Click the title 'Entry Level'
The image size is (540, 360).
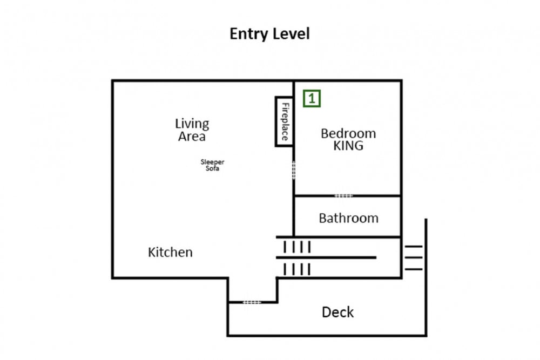269,34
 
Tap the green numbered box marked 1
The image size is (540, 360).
312,98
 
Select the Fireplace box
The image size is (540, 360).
285,121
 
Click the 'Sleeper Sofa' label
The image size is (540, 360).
212,165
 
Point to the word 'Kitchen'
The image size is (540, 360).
170,252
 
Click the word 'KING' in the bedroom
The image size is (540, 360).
348,146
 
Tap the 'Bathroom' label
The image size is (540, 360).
348,218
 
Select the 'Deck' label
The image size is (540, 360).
337,312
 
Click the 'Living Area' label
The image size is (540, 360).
192,130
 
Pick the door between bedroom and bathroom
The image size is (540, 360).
343,196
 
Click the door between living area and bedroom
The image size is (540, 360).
294,170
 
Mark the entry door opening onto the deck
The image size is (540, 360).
252,302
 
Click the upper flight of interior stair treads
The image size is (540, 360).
297,247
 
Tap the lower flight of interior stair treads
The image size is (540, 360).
297,269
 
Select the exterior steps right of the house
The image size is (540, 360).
414,258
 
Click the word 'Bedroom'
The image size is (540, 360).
348,133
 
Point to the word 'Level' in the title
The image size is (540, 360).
291,34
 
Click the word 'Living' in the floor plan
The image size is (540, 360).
192,124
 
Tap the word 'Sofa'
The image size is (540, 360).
212,168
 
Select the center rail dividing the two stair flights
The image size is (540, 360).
326,257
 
